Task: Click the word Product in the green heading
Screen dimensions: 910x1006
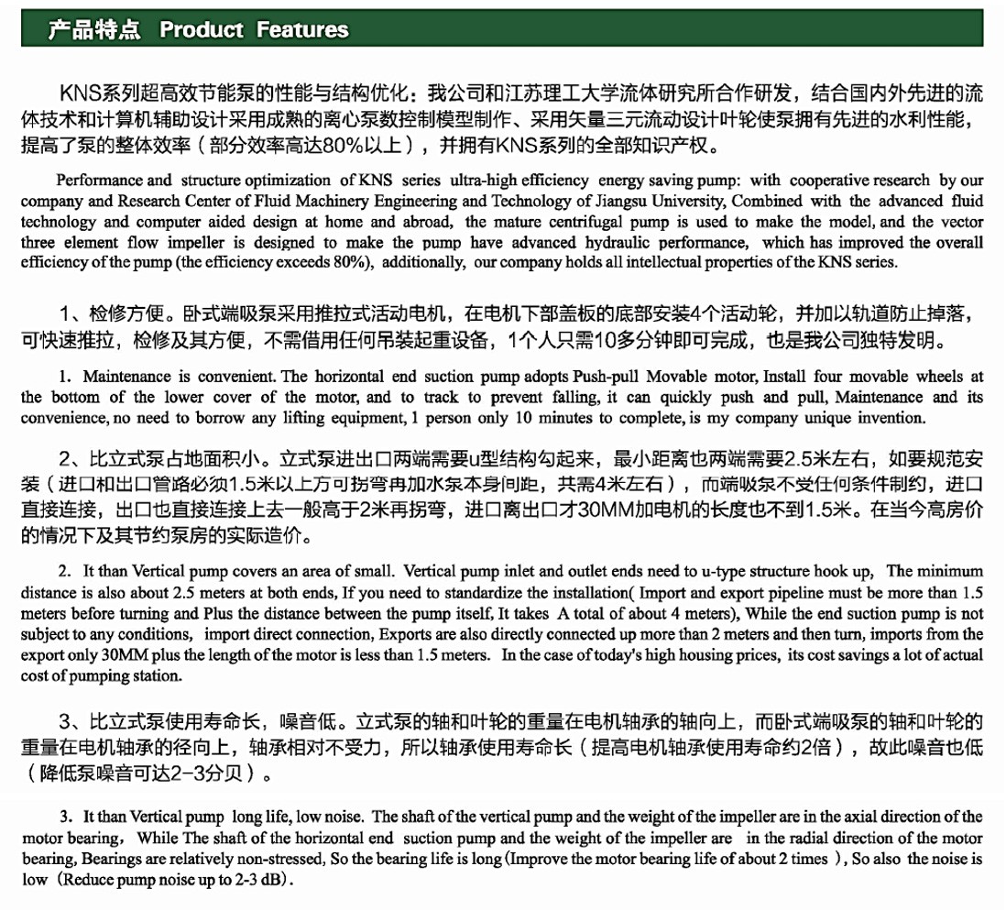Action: (x=202, y=30)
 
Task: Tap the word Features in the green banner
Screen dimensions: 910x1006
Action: (x=302, y=30)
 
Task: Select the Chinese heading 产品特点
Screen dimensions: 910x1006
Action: (x=94, y=30)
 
